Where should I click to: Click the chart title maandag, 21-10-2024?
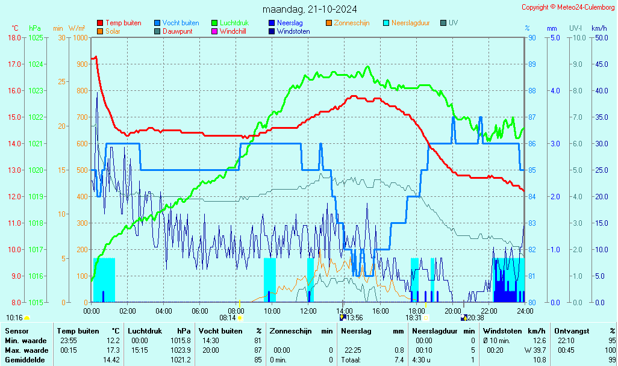pos(310,9)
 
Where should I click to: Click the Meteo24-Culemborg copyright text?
pos(569,7)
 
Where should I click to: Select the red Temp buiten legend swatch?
pos(100,23)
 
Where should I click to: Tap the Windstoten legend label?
pos(293,31)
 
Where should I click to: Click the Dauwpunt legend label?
pos(178,31)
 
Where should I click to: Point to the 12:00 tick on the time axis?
pos(308,311)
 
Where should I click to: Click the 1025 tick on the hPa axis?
pos(36,37)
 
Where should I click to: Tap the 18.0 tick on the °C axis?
pos(14,37)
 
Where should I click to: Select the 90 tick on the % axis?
pos(532,37)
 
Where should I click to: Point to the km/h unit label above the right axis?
pos(599,28)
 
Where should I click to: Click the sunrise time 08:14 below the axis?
pos(227,317)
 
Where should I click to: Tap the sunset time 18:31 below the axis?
pos(413,317)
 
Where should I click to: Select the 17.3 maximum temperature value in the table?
pos(112,350)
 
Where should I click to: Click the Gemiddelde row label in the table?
pos(24,360)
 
